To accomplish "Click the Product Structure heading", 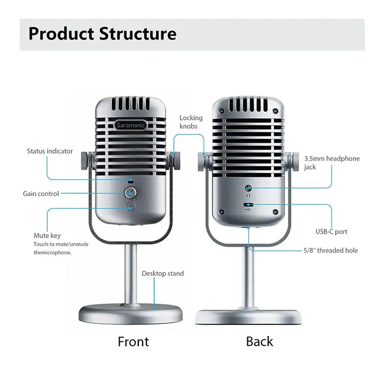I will point(103,33).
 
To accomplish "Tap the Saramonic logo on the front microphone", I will point(131,125).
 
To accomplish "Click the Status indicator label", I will point(50,151).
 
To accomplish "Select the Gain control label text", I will point(41,194).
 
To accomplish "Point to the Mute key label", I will point(47,236).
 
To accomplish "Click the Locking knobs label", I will point(191,122).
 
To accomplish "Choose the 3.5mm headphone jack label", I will point(332,163).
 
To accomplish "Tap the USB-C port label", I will point(331,231).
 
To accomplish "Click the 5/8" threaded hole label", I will point(330,251).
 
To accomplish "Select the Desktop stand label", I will point(163,273).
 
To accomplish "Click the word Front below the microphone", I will point(133,342).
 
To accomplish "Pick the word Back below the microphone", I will point(259,342).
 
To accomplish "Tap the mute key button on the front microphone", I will point(131,207).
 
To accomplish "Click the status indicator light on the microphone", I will point(131,180).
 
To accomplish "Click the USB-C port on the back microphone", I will point(249,205).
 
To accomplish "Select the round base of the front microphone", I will point(131,314).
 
